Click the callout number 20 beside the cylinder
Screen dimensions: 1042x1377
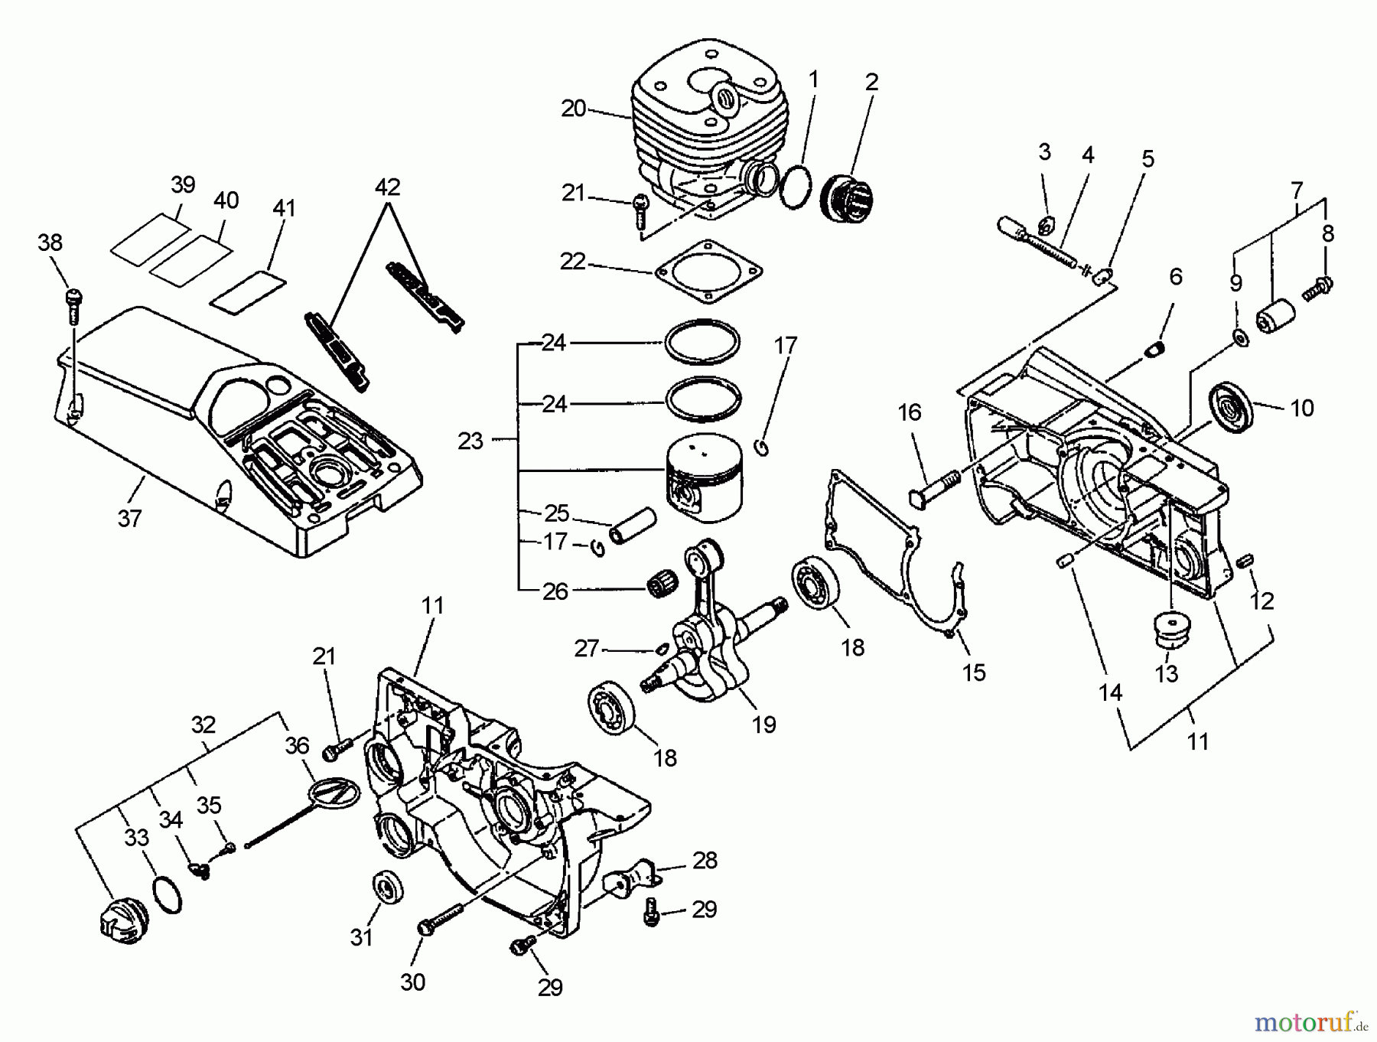tap(573, 109)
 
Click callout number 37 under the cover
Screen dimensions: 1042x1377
tap(129, 518)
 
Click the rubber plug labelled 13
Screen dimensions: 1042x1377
tap(1168, 630)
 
